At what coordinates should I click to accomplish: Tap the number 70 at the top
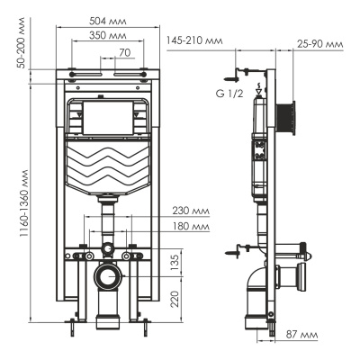click(125, 53)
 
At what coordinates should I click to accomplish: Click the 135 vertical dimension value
click(176, 261)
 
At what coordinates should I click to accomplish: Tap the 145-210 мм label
click(194, 40)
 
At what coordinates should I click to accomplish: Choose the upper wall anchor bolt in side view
click(243, 70)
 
